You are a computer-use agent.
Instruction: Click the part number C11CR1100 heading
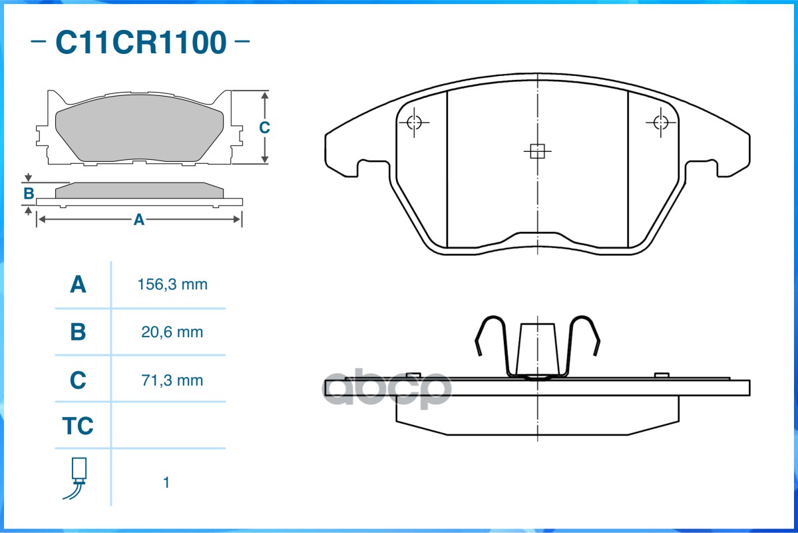pos(140,42)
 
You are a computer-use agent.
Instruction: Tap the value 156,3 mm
pos(172,284)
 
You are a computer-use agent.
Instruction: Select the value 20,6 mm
pos(172,332)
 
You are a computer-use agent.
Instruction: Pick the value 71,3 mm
pos(172,380)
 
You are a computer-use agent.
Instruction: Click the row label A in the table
pos(78,284)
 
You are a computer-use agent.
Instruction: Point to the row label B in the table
pos(78,332)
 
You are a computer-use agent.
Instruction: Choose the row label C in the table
pos(78,380)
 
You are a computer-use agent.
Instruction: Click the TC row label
pos(78,426)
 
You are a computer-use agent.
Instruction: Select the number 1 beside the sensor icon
pos(166,482)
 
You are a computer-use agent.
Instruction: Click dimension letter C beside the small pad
pos(264,127)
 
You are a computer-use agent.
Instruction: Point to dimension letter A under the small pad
pos(138,220)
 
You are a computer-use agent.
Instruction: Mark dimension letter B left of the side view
pos(29,194)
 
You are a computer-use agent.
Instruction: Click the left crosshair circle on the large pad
pos(414,123)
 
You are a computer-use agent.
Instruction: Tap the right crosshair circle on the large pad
pos(661,123)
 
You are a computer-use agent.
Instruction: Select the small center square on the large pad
pos(537,151)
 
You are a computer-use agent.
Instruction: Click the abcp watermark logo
pos(387,388)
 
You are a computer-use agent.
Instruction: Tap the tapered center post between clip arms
pos(537,350)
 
